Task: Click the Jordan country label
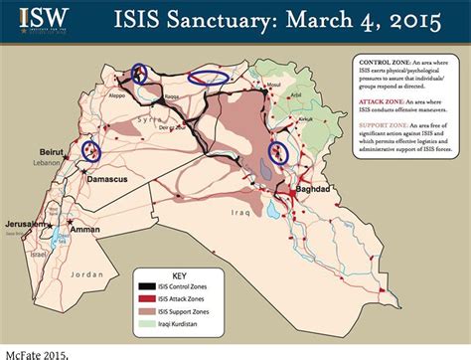[87, 273]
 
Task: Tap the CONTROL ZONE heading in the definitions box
[377, 62]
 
